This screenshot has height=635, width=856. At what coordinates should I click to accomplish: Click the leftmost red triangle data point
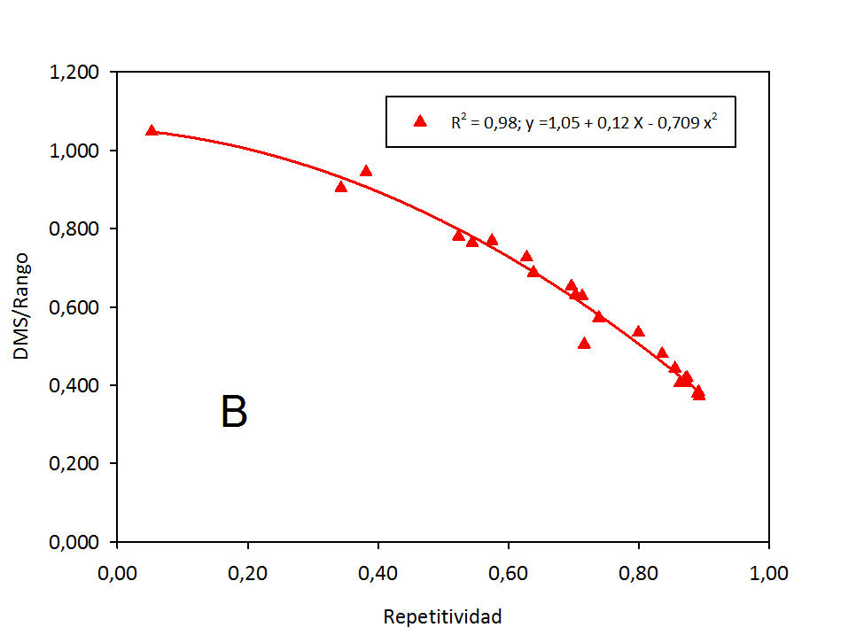(152, 130)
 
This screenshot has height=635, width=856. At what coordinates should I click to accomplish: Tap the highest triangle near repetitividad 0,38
(366, 171)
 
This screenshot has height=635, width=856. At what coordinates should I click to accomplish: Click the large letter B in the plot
(234, 413)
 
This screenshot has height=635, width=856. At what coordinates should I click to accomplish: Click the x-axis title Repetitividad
(442, 616)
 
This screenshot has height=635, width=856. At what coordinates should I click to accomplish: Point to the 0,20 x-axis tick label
(247, 573)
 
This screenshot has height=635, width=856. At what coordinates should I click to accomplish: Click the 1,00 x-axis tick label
(768, 573)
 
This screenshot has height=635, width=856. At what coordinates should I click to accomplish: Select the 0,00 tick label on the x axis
(117, 573)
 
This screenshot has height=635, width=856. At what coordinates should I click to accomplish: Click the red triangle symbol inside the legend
(420, 121)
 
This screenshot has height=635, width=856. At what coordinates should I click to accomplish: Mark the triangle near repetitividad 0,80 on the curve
(638, 331)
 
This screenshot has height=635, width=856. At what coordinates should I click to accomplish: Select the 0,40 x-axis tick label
(377, 573)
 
